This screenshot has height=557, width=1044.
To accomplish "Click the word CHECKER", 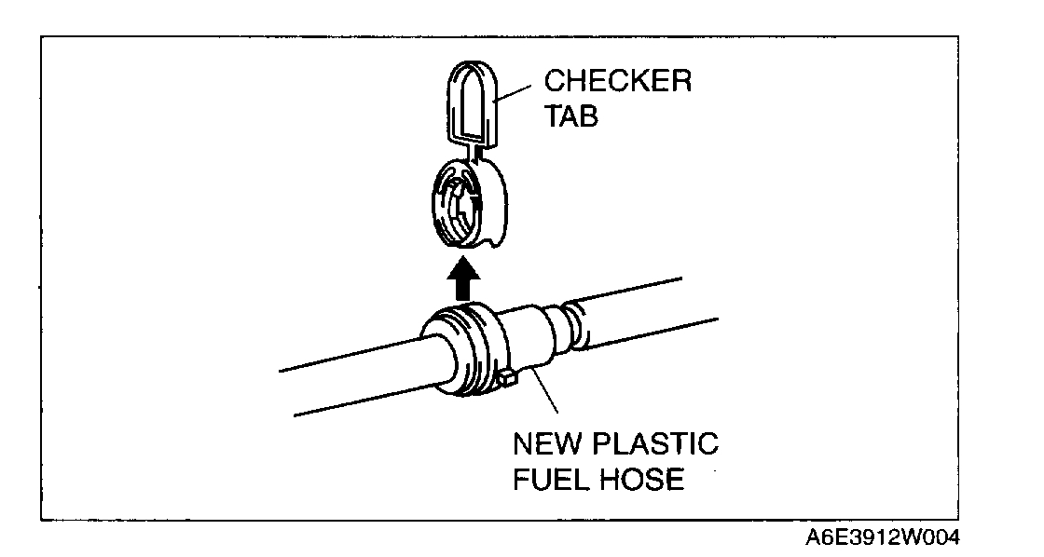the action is [x=617, y=81].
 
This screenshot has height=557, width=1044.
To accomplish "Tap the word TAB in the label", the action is [x=570, y=117].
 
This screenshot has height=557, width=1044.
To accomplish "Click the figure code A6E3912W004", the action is [x=881, y=538].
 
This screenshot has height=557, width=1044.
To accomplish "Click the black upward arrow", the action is [x=462, y=278].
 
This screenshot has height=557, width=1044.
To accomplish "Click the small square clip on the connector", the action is [x=508, y=377].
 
